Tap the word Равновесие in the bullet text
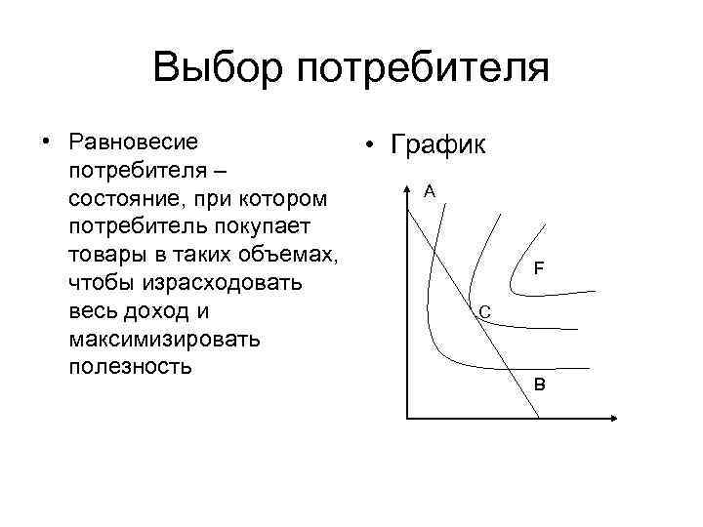pyautogui.click(x=134, y=142)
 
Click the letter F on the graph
pyautogui.click(x=539, y=267)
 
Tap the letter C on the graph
pyautogui.click(x=485, y=312)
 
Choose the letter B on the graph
pyautogui.click(x=540, y=385)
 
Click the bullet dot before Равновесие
pyautogui.click(x=46, y=142)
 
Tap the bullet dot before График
pyautogui.click(x=367, y=147)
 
